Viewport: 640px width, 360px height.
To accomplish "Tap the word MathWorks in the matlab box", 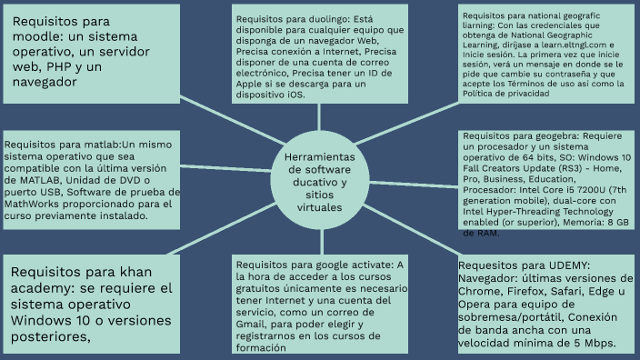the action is point(32,204).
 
